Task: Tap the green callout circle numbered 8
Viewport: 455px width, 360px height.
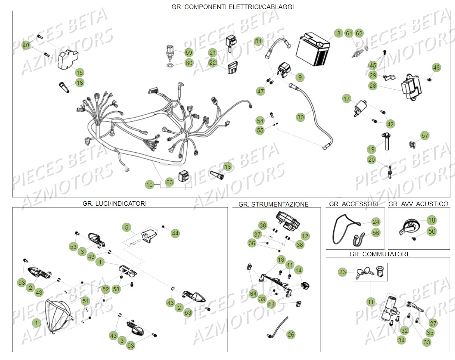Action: [x=338, y=33]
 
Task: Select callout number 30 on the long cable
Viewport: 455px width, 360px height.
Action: [x=301, y=117]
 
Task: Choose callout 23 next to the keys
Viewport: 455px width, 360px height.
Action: [x=343, y=272]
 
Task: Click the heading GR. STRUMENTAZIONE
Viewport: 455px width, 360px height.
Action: [x=273, y=204]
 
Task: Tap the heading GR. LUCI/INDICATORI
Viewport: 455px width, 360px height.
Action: [x=114, y=203]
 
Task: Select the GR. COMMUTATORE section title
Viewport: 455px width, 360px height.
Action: [x=380, y=254]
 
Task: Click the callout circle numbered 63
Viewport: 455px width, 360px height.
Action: [x=169, y=181]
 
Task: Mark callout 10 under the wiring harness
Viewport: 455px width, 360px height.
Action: [x=150, y=185]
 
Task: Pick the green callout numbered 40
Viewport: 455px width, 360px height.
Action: [x=26, y=45]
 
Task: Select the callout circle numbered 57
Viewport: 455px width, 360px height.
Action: [x=425, y=136]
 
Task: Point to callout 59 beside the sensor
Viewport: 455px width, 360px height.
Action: [x=189, y=53]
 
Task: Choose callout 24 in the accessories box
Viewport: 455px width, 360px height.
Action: [x=376, y=222]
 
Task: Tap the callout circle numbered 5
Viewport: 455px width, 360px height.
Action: [x=127, y=227]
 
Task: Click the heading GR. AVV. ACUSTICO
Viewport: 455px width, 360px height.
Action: [x=418, y=204]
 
